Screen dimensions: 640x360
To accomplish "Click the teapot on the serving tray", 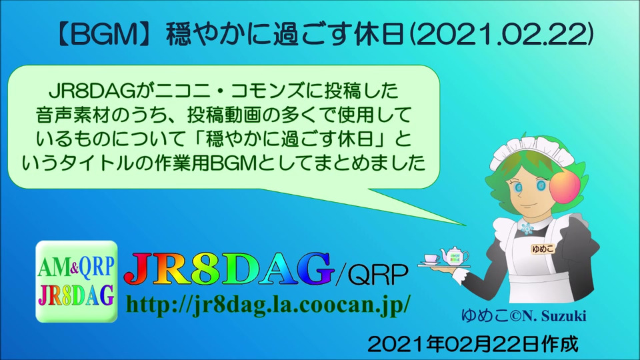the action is [x=454, y=255].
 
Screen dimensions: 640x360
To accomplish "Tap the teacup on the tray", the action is [x=431, y=259].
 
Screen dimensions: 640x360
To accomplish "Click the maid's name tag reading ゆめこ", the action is [x=543, y=248].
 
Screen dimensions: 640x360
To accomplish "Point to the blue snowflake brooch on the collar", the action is [x=527, y=228].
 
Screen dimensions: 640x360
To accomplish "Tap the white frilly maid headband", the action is [x=531, y=152].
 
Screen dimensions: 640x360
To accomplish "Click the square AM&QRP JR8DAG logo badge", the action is [x=76, y=281].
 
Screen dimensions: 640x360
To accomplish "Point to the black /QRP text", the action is [x=371, y=274].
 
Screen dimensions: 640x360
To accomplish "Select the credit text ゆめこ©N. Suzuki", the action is [x=524, y=315].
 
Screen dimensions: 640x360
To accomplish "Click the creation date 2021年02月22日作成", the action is [x=473, y=344].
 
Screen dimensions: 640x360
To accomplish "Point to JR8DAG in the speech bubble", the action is [x=92, y=91].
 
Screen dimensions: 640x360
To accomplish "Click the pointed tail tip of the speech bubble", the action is [x=466, y=225].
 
